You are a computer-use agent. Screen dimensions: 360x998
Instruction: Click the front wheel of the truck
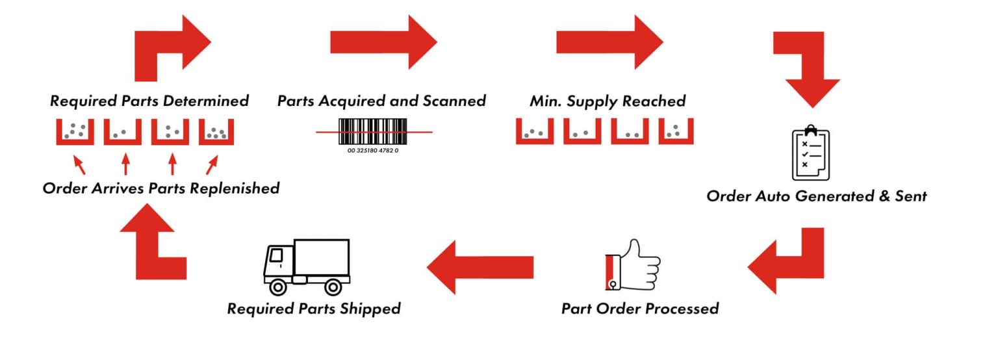point(279,286)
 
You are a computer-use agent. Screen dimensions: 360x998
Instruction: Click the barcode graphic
point(373,132)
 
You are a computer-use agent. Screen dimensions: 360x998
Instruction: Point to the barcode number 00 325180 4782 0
point(373,151)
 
